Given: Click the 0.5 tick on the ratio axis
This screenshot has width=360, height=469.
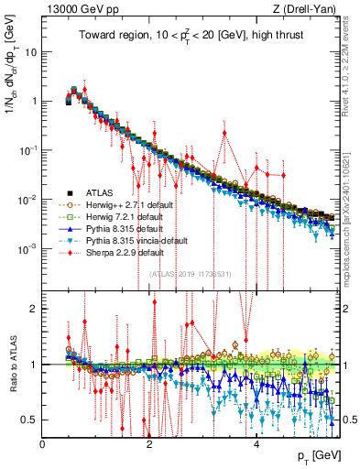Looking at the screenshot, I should pos(29,420).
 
